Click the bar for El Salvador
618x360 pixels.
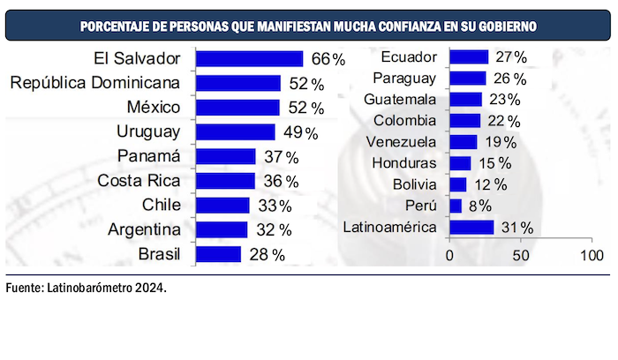point(249,59)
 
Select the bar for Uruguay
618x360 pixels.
point(235,132)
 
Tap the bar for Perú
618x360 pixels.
point(456,206)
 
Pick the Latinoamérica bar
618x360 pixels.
point(471,228)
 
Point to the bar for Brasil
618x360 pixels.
point(218,254)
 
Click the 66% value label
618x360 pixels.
point(327,59)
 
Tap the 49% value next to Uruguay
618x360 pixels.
point(299,132)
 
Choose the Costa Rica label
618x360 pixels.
point(139,181)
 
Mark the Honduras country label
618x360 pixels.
point(404,163)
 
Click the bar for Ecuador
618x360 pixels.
point(469,57)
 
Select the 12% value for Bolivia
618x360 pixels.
point(488,184)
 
